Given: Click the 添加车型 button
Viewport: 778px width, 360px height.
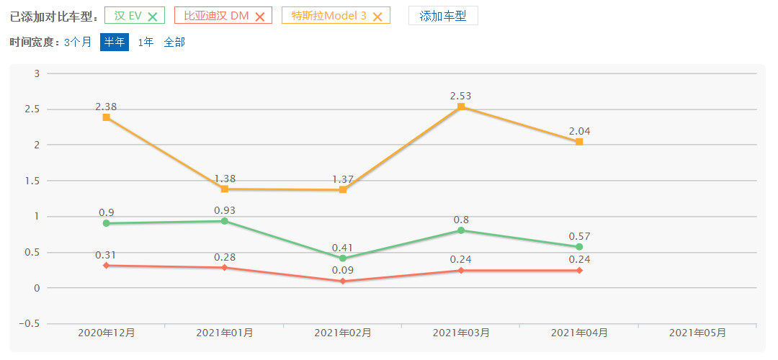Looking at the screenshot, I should tap(443, 16).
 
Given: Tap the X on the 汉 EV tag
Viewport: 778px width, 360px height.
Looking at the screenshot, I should tap(153, 17).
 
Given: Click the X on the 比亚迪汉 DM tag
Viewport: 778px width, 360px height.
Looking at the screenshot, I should tap(260, 17).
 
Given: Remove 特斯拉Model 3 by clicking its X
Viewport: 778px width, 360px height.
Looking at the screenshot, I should tap(377, 17).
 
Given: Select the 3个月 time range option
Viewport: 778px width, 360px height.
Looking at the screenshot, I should tap(78, 42).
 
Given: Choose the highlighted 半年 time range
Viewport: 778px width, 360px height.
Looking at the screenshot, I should tap(115, 42).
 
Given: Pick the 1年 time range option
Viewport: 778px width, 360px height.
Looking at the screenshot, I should tap(146, 42).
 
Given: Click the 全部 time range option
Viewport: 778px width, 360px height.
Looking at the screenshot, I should tap(174, 42).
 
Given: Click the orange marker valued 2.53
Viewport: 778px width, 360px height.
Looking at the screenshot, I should tap(461, 107).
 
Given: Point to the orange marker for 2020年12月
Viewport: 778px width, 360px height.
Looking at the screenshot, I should tap(106, 117).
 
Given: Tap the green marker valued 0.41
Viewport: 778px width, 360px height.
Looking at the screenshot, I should tap(343, 258).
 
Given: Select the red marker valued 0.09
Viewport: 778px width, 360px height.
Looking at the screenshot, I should tap(343, 281).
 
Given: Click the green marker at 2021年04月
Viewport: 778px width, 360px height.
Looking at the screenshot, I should tap(579, 247).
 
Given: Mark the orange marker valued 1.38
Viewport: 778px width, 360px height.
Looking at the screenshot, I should tap(225, 189).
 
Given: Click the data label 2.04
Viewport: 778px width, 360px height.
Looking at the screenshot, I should tap(579, 131).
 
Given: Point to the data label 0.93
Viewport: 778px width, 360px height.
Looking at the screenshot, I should tap(225, 210).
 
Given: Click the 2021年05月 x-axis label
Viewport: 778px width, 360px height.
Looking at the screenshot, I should tap(697, 333).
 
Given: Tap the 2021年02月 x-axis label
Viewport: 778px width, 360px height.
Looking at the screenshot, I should tap(343, 333).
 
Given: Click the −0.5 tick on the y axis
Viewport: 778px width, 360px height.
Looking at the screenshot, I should tap(29, 323).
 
